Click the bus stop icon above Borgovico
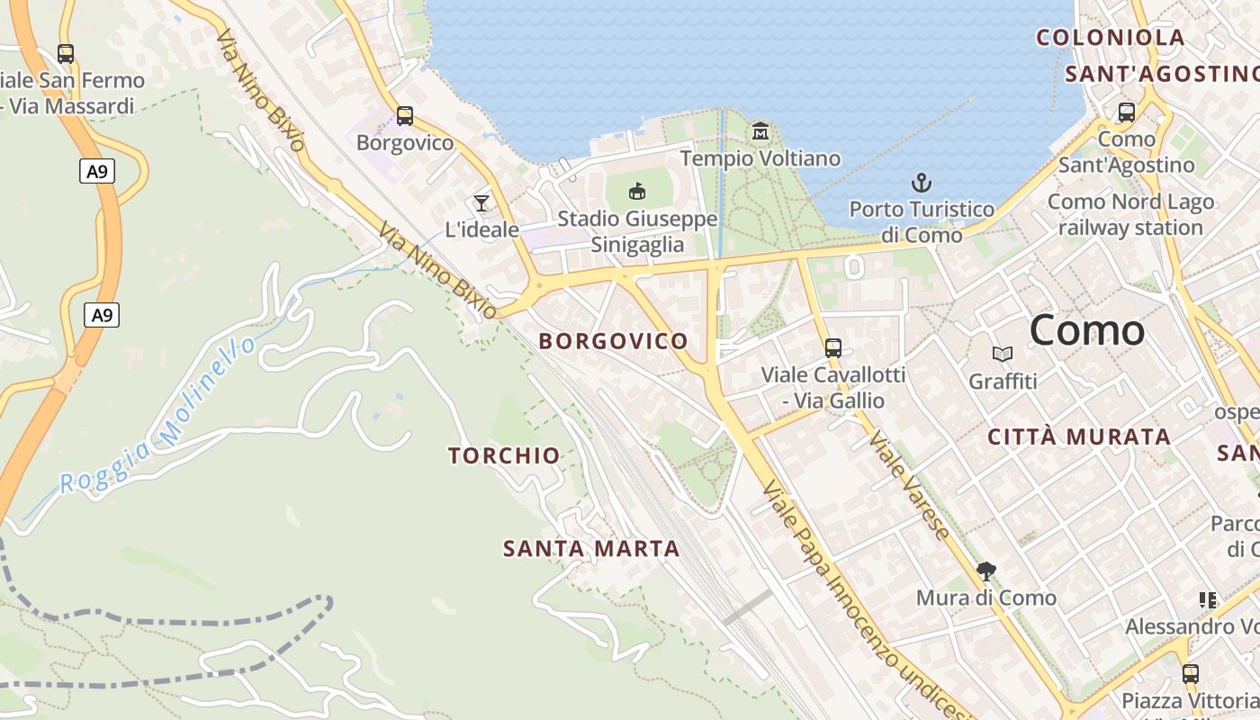[405, 116]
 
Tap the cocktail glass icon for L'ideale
[481, 202]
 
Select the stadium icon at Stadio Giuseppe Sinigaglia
[637, 191]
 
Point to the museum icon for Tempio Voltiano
[760, 131]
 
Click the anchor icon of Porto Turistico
[922, 183]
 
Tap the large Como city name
[1087, 330]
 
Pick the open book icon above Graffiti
[1003, 355]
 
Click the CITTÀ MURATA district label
[1079, 437]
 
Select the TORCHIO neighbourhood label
[504, 456]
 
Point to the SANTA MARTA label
[591, 548]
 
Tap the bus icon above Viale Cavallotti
[833, 347]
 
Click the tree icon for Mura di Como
[986, 571]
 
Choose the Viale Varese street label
[909, 485]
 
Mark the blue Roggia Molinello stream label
[158, 416]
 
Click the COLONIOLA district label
[1111, 38]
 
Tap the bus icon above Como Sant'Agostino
[1126, 112]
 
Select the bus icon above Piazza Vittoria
[1191, 673]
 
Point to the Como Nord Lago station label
[1130, 214]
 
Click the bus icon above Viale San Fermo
[65, 54]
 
